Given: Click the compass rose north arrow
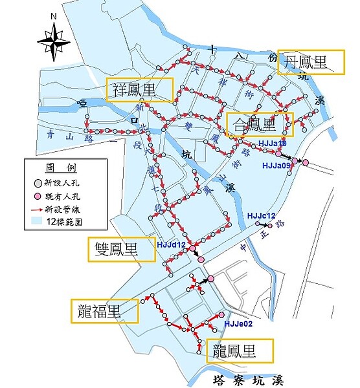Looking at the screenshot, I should click(53, 40).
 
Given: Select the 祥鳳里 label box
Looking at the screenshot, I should click(140, 90).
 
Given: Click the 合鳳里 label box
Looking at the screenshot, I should click(260, 123).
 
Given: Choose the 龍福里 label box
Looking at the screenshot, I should click(105, 311).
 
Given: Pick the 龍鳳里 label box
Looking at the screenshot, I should click(240, 351).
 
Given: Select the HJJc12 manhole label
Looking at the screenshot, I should click(262, 215).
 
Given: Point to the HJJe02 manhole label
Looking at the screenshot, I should click(236, 325).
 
